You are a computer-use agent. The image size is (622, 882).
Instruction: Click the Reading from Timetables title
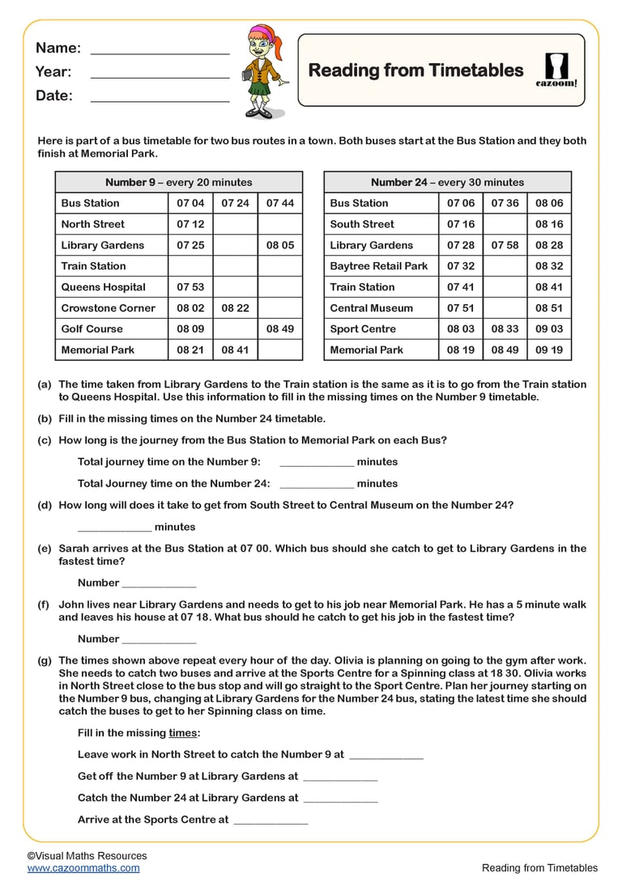[x=415, y=70]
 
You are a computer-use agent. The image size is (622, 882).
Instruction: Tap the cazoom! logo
[x=557, y=70]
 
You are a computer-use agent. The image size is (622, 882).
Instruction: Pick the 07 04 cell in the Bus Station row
[x=190, y=203]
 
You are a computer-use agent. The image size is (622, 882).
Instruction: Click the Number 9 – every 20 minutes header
[x=178, y=182]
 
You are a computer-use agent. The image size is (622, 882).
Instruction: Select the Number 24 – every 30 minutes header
[x=447, y=182]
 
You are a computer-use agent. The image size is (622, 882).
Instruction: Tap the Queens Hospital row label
[x=103, y=287]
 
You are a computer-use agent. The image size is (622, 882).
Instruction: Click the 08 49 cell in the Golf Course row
[x=279, y=329]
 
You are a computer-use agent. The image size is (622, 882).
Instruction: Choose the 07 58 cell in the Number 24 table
[x=505, y=245]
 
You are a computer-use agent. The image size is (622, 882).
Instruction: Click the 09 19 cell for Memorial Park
[x=548, y=350]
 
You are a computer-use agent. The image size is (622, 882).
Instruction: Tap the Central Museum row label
[x=371, y=308]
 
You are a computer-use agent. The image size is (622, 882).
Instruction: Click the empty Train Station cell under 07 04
[x=190, y=266]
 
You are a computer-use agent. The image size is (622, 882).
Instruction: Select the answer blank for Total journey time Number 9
[x=316, y=464]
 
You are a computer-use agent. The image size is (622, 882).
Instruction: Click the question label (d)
[x=45, y=506]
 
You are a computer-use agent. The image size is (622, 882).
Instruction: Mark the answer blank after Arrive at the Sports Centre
[x=271, y=821]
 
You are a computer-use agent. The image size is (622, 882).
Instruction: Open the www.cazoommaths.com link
[x=83, y=868]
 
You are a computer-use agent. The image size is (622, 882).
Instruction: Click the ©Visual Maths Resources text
[x=87, y=855]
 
